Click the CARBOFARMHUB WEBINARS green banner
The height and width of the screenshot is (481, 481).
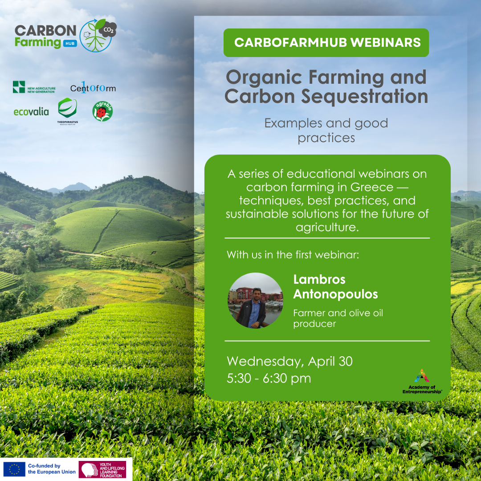pyautogui.click(x=326, y=43)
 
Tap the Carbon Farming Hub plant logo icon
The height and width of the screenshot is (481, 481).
pyautogui.click(x=98, y=35)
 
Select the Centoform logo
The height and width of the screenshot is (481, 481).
pyautogui.click(x=93, y=87)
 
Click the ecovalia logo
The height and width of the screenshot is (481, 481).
pyautogui.click(x=31, y=111)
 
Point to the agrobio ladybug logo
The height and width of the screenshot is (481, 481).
pyautogui.click(x=102, y=111)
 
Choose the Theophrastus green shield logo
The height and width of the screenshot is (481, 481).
pyautogui.click(x=68, y=111)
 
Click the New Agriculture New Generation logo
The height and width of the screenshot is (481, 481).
pyautogui.click(x=34, y=87)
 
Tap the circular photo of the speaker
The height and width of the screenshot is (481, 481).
pyautogui.click(x=255, y=300)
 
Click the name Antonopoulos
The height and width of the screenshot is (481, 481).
pyautogui.click(x=335, y=294)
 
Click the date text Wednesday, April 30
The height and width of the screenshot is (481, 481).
pyautogui.click(x=289, y=361)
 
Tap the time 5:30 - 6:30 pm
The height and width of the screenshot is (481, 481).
pyautogui.click(x=269, y=378)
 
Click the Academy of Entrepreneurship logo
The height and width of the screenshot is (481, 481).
pyautogui.click(x=422, y=381)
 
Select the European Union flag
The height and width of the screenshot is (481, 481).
pyautogui.click(x=14, y=469)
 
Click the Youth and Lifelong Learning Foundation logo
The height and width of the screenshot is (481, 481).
pyautogui.click(x=102, y=469)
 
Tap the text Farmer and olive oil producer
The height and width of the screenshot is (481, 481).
pyautogui.click(x=338, y=318)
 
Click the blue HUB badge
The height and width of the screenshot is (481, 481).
pyautogui.click(x=70, y=44)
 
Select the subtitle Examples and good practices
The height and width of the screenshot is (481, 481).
pyautogui.click(x=326, y=130)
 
